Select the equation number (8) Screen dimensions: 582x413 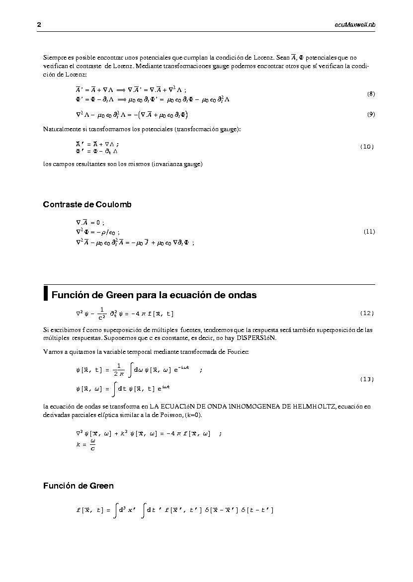[371, 94]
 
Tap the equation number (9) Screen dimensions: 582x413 [371, 114]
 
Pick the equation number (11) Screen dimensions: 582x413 [369, 231]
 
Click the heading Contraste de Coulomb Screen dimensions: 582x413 [87, 204]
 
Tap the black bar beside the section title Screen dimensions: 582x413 [46, 293]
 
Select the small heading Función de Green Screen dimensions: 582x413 [78, 486]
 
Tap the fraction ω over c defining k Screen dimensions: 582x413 [93, 445]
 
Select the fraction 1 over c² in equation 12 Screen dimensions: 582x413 [101, 313]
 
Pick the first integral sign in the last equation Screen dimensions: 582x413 [115, 510]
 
